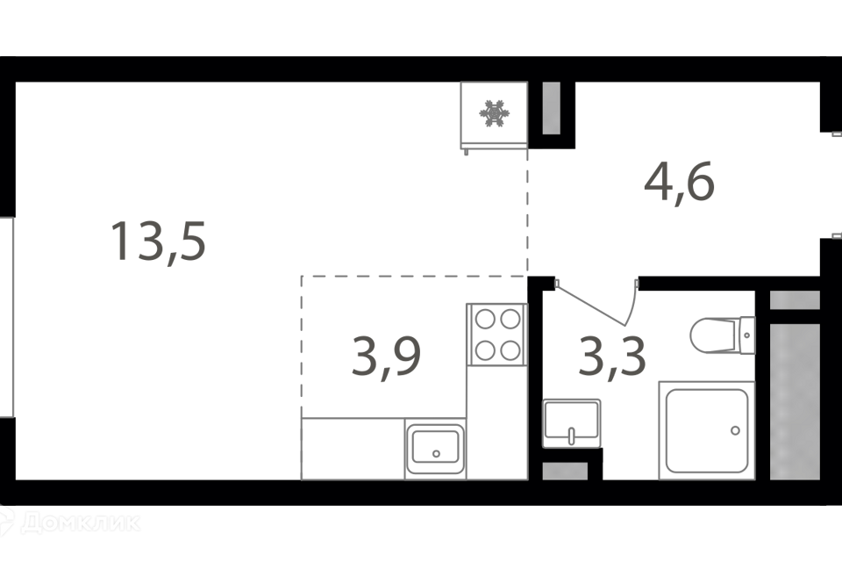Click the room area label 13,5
pyautogui.click(x=159, y=242)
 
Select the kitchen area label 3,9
pyautogui.click(x=387, y=354)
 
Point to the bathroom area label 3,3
pyautogui.click(x=613, y=355)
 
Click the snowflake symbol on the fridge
pyautogui.click(x=494, y=113)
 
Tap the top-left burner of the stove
pyautogui.click(x=485, y=317)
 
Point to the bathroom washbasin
pyautogui.click(x=572, y=421)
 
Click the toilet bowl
pyautogui.click(x=715, y=335)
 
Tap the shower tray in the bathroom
pyautogui.click(x=707, y=430)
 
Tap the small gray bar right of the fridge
pyautogui.click(x=551, y=108)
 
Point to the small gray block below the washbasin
pyautogui.click(x=565, y=471)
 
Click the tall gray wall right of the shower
pyautogui.click(x=795, y=401)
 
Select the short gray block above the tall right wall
pyautogui.click(x=795, y=300)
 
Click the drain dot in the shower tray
pyautogui.click(x=735, y=431)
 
